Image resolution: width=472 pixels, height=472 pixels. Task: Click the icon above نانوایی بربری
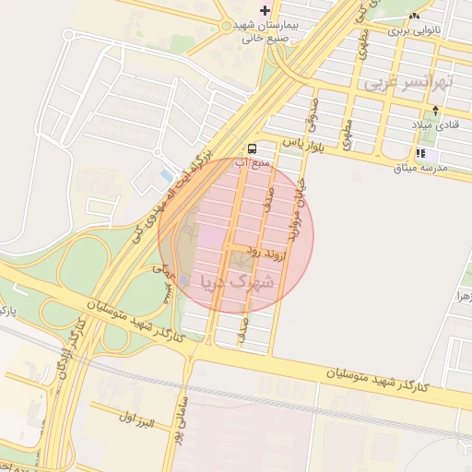click(x=414, y=16)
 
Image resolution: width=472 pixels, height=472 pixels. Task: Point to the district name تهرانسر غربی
click(x=409, y=82)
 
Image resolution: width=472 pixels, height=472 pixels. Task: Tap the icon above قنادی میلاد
click(x=435, y=111)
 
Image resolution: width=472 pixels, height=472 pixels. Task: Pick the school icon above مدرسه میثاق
click(x=420, y=154)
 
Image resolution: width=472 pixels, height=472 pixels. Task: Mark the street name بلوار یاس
click(x=301, y=144)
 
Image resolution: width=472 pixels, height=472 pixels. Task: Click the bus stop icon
click(x=252, y=147)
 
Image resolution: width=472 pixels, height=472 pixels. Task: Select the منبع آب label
click(x=252, y=163)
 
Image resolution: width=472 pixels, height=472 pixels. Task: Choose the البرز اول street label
click(x=134, y=421)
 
